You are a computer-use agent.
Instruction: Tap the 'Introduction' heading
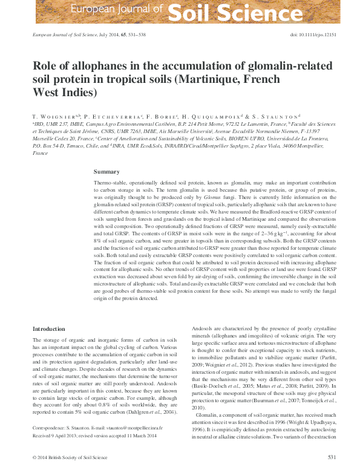pos(48,329)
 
